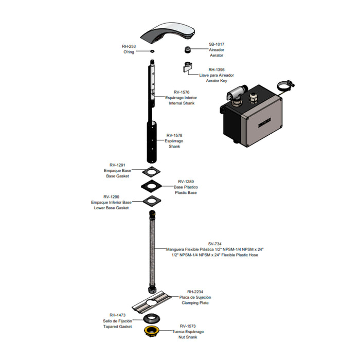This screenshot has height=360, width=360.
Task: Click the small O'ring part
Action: (x=152, y=51)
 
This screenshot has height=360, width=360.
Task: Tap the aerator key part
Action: (x=188, y=67)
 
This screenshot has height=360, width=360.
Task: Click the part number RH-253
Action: (x=129, y=46)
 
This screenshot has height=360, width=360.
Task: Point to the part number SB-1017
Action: (x=217, y=44)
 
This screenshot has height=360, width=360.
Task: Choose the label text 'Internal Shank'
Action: (x=182, y=103)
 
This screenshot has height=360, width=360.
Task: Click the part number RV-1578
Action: (x=174, y=135)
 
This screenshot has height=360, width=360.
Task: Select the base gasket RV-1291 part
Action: (x=151, y=172)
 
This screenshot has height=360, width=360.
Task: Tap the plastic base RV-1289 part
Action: (x=151, y=186)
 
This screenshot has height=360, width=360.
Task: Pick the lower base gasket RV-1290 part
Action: (x=152, y=201)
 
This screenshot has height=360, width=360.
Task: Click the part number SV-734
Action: (x=215, y=244)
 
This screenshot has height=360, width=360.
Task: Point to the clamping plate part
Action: (x=152, y=302)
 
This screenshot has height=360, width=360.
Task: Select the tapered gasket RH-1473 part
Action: (x=152, y=318)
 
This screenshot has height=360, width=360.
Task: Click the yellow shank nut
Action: (x=152, y=331)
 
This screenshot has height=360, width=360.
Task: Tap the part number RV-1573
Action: (x=188, y=326)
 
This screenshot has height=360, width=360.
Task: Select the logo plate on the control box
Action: (x=264, y=122)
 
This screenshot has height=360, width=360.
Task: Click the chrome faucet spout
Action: (x=168, y=33)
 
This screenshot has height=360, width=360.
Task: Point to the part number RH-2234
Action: (x=195, y=292)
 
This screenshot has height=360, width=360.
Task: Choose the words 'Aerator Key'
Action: (x=217, y=81)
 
